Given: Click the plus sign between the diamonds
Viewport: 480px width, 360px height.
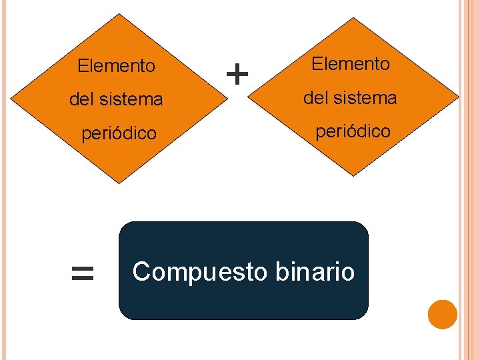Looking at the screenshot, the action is point(237,73).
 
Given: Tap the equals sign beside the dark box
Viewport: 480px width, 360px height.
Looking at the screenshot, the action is point(82,273).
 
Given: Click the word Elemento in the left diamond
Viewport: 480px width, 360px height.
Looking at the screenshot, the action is point(116,66).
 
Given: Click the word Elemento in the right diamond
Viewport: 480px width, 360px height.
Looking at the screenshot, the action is point(350,64).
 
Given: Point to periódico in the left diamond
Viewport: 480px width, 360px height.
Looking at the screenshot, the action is point(119,133).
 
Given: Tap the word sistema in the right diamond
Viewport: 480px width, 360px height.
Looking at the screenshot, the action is point(367,98).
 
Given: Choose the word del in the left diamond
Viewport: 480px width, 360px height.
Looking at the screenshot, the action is point(82,100).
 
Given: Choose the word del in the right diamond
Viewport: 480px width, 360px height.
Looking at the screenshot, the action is point(316,98).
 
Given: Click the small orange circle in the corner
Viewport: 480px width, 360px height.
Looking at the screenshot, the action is point(442,314).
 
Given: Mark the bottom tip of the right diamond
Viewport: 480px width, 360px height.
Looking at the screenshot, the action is point(353,175).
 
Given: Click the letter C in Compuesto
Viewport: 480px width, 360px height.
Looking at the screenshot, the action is point(140,272).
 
